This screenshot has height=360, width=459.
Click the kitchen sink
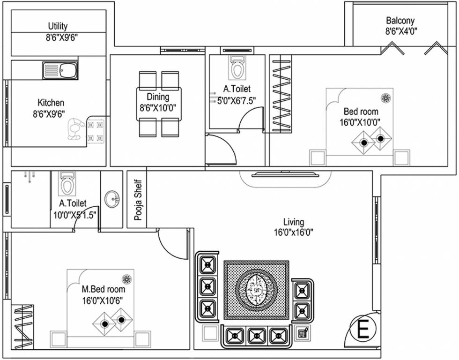[57, 70]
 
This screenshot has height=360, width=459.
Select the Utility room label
[58, 26]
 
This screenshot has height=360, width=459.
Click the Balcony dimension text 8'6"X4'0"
[400, 31]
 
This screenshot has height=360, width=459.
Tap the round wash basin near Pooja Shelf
[111, 199]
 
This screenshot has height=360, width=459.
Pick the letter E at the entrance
[363, 330]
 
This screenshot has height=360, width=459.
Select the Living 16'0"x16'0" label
[294, 227]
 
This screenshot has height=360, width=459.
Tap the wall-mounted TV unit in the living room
[286, 175]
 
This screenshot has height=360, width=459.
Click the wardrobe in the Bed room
[281, 94]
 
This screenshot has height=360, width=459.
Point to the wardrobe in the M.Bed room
[22, 327]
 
